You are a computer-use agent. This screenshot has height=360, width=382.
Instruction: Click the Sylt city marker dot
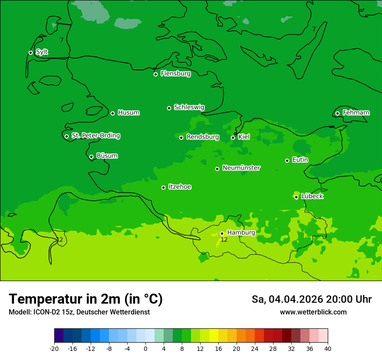30,52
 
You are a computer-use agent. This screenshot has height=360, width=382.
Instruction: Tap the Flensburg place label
175,74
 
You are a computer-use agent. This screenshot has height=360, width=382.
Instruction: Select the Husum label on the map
128,113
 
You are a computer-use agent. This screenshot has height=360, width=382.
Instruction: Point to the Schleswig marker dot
169,108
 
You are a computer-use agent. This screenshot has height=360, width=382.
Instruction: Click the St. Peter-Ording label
95,136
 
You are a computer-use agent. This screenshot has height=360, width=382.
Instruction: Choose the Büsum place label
107,156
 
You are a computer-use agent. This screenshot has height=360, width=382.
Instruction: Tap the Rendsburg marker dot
181,137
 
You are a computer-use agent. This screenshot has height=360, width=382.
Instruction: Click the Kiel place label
244,137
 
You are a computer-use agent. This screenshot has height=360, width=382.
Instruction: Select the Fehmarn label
356,113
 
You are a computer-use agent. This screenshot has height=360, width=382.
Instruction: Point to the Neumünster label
241,168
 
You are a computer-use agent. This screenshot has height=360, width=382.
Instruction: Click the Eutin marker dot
287,160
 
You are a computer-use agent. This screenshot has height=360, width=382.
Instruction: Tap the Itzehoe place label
180,187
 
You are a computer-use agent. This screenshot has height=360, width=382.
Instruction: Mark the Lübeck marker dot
296,197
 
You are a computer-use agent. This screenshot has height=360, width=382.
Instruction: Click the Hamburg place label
241,233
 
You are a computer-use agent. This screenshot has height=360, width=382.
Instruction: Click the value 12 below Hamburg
224,240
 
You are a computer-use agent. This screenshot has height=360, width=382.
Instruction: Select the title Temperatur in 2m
86,299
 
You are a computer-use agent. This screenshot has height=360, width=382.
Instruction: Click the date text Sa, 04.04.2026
286,299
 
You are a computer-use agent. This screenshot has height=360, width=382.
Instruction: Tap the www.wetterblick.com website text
313,312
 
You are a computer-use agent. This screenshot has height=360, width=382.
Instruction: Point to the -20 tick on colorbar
54,348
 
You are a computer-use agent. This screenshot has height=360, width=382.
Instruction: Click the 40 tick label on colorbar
328,348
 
